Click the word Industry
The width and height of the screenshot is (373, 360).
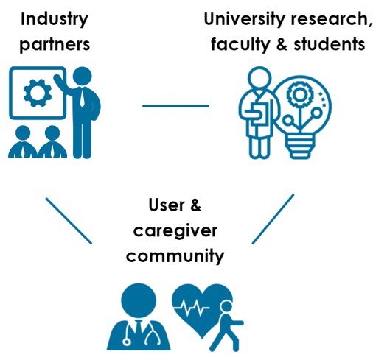coord(55,20)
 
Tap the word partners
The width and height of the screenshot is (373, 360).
coord(55,45)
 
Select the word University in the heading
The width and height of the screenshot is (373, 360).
coord(244,20)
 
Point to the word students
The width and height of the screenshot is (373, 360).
coord(330,44)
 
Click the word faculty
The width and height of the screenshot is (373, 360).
coord(240,45)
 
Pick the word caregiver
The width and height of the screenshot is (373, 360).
coord(175,231)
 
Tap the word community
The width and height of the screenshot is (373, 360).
coord(175,256)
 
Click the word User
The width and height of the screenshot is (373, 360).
coord(167,205)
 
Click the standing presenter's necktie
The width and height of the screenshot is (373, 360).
coord(82,98)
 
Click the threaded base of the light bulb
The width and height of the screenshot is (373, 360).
coord(300,147)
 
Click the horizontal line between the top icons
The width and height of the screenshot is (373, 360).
coord(175,106)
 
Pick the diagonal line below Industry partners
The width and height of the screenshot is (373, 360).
coord(69,221)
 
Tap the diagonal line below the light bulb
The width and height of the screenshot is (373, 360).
coord(273,219)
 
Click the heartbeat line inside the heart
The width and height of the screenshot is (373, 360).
coord(192,308)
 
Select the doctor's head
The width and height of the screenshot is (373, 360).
coord(139,301)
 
